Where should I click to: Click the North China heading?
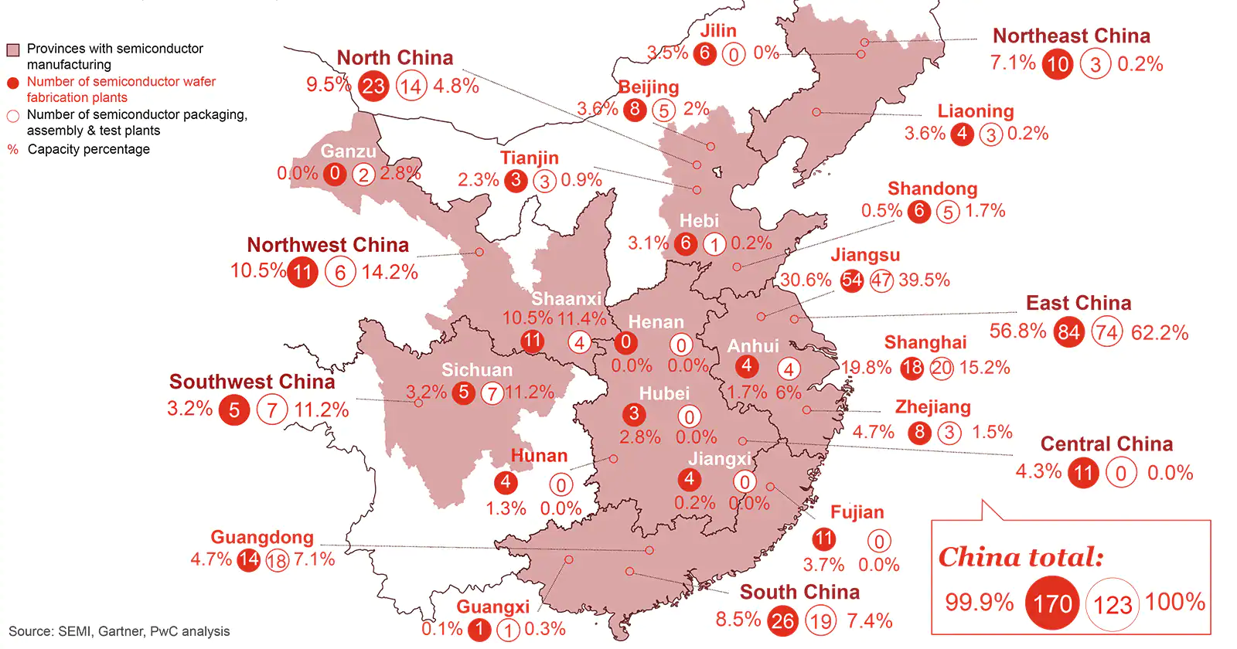[x=394, y=58]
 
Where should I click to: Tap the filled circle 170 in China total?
[x=1052, y=603]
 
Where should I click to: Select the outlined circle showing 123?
[x=1113, y=604]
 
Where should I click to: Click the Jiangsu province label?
[x=865, y=255]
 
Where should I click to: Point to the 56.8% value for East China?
[x=1017, y=331]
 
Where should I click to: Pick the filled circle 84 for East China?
[x=1069, y=332]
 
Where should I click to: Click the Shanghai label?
[x=925, y=342]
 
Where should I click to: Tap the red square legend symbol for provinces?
[x=12, y=50]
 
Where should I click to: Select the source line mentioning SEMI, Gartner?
[x=119, y=631]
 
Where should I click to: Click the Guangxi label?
[x=492, y=607]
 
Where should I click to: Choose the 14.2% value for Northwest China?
[x=390, y=272]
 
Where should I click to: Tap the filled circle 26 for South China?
[x=782, y=620]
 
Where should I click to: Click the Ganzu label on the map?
[x=348, y=151]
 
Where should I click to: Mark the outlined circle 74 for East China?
[x=1106, y=333]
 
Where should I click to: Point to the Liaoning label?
[x=975, y=111]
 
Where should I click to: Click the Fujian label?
[x=857, y=512]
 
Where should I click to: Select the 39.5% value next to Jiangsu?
[x=925, y=280]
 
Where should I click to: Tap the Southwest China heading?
[x=252, y=382]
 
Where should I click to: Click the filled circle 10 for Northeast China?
[x=1057, y=64]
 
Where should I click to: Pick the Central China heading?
[x=1106, y=444]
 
